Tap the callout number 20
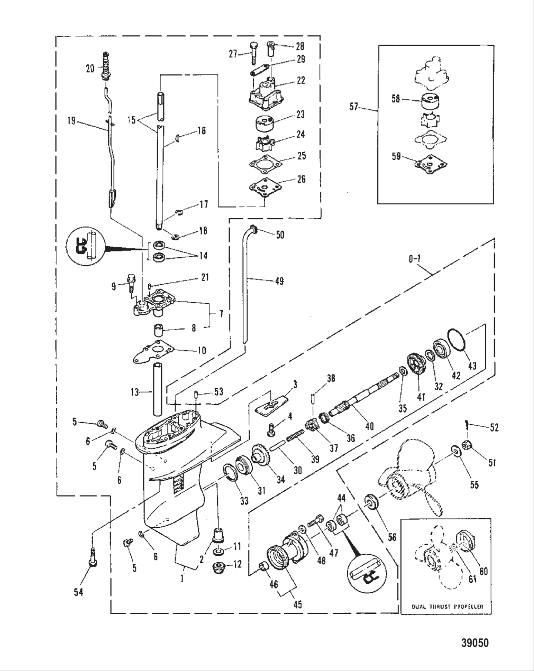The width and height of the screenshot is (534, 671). coord(90,68)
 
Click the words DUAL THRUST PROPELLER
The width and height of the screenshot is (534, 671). coord(447,607)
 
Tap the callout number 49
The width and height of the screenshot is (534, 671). coord(278,281)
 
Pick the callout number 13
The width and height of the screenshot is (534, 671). coord(134,392)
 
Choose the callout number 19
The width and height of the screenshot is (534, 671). coord(71,121)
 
